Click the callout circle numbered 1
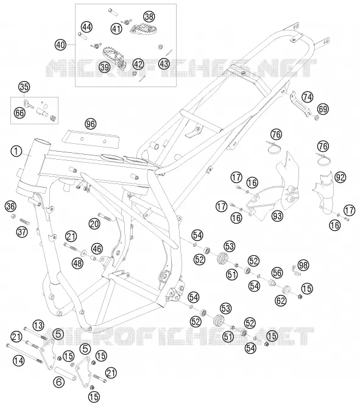16,151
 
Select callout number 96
90,124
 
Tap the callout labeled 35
24,87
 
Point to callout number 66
19,112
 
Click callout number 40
60,45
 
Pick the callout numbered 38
149,17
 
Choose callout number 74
308,97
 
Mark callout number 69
323,109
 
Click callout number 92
341,177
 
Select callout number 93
278,216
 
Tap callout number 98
303,265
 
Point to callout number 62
281,300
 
